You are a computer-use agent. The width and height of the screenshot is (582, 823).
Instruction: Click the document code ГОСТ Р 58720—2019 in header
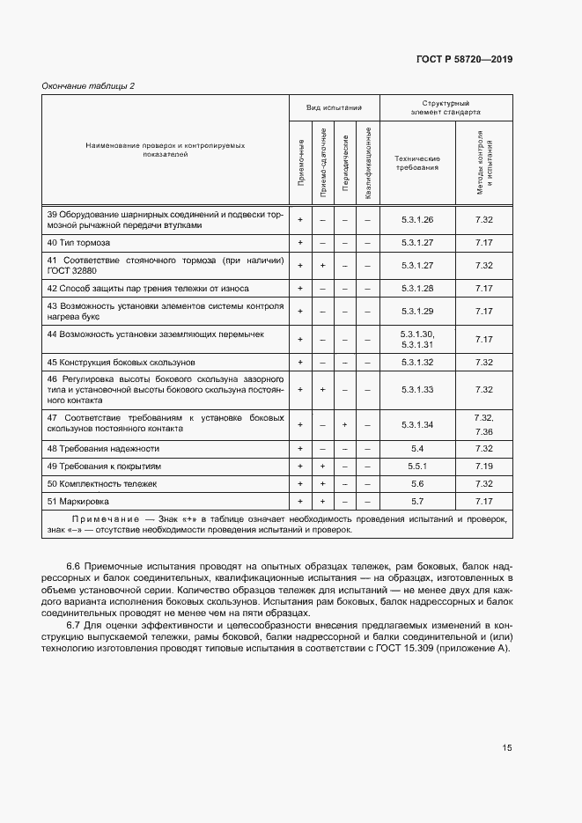click(x=463, y=60)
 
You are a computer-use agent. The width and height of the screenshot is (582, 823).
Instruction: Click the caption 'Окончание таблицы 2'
click(x=88, y=85)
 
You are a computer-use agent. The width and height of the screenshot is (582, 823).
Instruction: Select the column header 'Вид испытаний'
click(x=335, y=107)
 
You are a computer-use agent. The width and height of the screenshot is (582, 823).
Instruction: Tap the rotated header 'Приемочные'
click(x=301, y=162)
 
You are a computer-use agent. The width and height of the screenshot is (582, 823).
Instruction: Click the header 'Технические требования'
click(x=417, y=162)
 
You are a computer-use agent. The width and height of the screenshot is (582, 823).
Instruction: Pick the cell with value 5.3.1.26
click(x=417, y=219)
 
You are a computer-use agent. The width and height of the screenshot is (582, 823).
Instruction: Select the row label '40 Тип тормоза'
click(x=78, y=242)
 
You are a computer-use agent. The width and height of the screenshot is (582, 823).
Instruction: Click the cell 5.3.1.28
click(x=417, y=288)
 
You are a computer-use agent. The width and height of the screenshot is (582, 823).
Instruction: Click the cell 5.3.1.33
click(x=417, y=389)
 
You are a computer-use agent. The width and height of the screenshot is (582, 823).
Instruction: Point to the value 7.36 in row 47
click(x=483, y=432)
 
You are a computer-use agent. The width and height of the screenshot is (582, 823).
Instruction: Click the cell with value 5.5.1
click(x=417, y=467)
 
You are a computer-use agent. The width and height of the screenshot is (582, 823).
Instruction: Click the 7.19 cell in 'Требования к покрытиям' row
click(x=483, y=467)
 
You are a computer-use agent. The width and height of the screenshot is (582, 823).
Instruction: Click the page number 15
click(x=507, y=748)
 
